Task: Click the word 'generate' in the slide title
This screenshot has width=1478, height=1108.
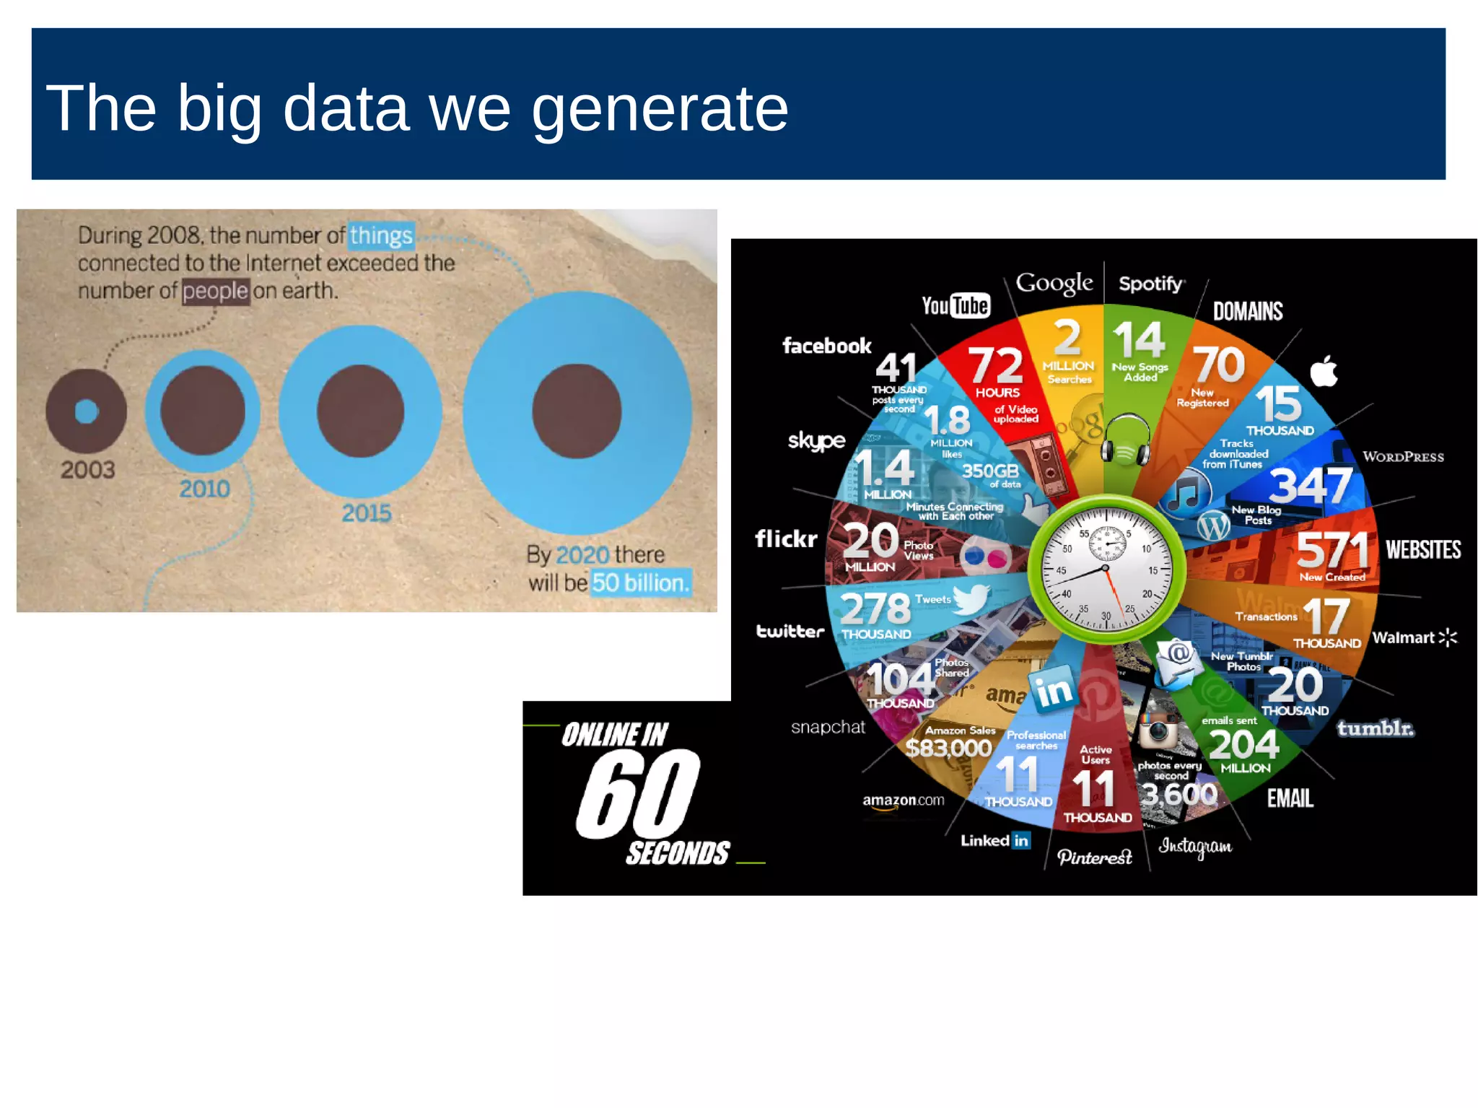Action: pos(660,108)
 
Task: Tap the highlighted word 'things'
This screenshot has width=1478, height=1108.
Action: pos(381,236)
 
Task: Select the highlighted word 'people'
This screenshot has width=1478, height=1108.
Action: pos(215,291)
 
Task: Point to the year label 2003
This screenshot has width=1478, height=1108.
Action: pos(87,470)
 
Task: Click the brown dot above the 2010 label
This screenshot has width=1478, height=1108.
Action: pos(202,410)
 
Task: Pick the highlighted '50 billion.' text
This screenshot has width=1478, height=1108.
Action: pos(641,583)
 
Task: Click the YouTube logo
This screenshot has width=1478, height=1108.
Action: pos(956,305)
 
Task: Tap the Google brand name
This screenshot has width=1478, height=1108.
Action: pos(1054,282)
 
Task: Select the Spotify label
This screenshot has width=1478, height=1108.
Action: pos(1151,284)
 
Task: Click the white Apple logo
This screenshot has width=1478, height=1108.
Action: pos(1324,372)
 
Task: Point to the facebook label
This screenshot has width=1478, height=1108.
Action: pos(826,346)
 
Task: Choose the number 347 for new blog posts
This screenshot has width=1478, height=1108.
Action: pos(1310,485)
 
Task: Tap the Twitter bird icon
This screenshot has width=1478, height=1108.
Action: pos(971,598)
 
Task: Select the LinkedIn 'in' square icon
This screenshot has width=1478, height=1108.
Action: pos(1053,689)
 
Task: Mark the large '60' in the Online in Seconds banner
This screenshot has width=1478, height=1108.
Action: pos(638,793)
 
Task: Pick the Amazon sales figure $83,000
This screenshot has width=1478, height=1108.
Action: pos(948,748)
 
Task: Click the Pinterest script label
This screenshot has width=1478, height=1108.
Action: pos(1094,857)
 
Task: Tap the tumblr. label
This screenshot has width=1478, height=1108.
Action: pos(1375,728)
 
